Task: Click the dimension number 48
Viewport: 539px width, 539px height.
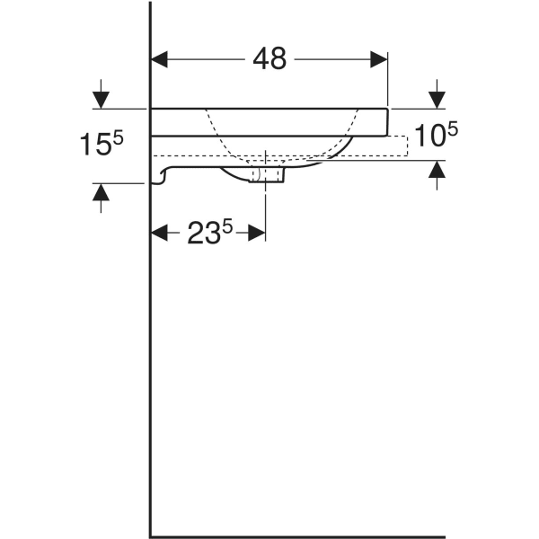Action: click(x=269, y=59)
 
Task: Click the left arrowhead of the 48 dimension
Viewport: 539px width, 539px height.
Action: click(x=159, y=59)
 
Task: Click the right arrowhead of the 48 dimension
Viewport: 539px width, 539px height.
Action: click(x=379, y=59)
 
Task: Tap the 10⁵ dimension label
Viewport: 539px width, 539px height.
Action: click(x=437, y=135)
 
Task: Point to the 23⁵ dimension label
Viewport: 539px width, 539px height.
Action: click(x=210, y=233)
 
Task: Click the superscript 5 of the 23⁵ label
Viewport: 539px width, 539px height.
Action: click(x=227, y=227)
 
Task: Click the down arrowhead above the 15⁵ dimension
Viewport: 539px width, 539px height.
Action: click(x=101, y=101)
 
